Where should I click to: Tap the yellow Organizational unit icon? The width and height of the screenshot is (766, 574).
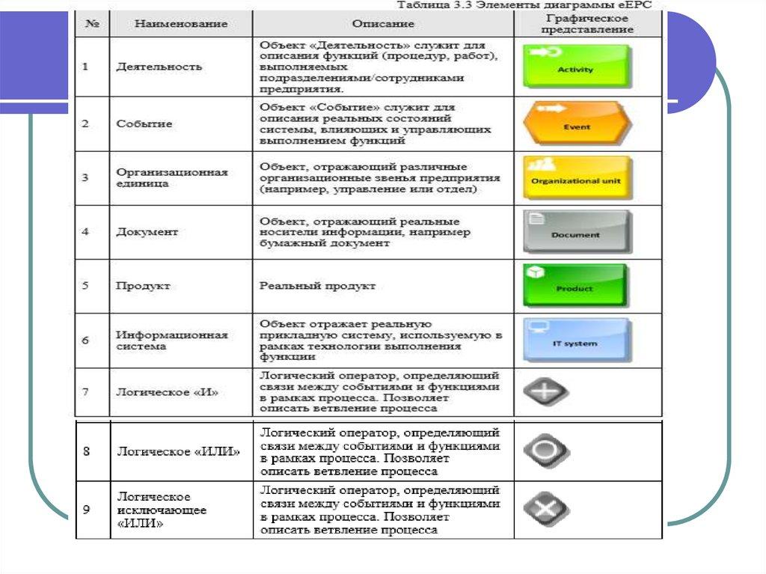(576, 177)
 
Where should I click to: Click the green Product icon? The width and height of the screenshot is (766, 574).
(574, 285)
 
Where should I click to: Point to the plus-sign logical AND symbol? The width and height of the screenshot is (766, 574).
(545, 392)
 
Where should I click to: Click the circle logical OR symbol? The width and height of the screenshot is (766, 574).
(545, 451)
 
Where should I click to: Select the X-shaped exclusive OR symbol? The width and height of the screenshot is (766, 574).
(545, 510)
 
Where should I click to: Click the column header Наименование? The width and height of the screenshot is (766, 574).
(181, 24)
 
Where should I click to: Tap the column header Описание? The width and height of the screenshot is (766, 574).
(383, 24)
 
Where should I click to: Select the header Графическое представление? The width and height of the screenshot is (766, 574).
(589, 24)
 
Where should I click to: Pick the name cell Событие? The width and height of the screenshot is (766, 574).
(144, 123)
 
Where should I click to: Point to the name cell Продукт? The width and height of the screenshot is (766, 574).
(144, 286)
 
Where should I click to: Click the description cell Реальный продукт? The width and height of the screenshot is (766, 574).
(317, 286)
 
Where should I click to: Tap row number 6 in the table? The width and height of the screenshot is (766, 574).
(86, 340)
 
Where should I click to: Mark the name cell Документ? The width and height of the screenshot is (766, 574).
(147, 232)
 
